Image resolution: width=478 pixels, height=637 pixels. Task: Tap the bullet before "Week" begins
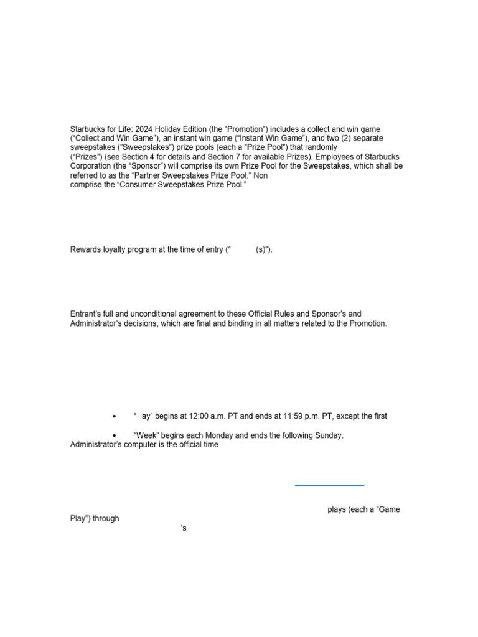pos(114,435)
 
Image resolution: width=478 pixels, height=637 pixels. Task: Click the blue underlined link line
pos(329,485)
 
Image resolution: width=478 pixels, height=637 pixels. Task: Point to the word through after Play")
pos(105,518)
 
